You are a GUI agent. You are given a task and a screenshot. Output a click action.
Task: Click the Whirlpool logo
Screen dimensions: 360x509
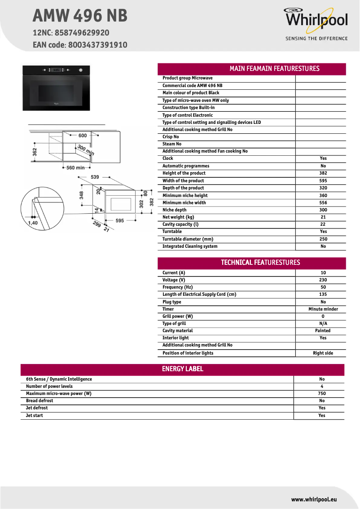point(316,20)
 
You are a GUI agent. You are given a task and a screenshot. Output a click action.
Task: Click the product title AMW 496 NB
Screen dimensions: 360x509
point(80,16)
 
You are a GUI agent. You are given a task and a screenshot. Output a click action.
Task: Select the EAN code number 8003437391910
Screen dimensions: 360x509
point(98,45)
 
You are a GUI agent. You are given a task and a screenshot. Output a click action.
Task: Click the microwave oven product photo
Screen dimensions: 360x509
point(56,88)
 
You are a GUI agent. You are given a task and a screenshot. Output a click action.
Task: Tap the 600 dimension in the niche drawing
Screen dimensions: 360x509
point(83,135)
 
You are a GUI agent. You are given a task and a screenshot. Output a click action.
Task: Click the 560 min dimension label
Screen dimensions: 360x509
point(75,168)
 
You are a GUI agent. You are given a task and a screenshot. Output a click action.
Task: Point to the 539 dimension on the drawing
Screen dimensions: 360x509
point(95,177)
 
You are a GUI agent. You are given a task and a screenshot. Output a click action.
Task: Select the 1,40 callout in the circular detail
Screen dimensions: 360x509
point(33,223)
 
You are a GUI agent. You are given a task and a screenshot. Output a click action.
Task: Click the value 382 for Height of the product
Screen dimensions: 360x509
point(323,173)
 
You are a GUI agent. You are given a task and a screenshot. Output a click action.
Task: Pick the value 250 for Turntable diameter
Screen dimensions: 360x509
point(323,239)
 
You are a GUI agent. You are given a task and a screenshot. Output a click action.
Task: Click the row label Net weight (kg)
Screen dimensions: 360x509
point(178,217)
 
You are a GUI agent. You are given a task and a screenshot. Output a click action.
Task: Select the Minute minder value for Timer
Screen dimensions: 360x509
point(323,309)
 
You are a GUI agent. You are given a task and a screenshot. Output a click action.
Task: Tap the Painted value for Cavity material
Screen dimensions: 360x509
point(323,331)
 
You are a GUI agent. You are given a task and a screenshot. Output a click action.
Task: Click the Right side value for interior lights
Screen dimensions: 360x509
point(323,353)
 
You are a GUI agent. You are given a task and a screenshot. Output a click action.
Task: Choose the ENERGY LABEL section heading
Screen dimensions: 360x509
point(182,369)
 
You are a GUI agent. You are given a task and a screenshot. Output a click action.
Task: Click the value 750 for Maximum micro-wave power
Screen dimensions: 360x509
point(322,394)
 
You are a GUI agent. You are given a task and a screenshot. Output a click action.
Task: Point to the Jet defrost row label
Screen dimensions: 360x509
point(37,408)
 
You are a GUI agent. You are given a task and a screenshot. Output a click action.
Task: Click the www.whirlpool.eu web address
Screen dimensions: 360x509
point(314,499)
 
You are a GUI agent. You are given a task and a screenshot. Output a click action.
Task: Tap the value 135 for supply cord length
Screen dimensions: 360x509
point(323,294)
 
